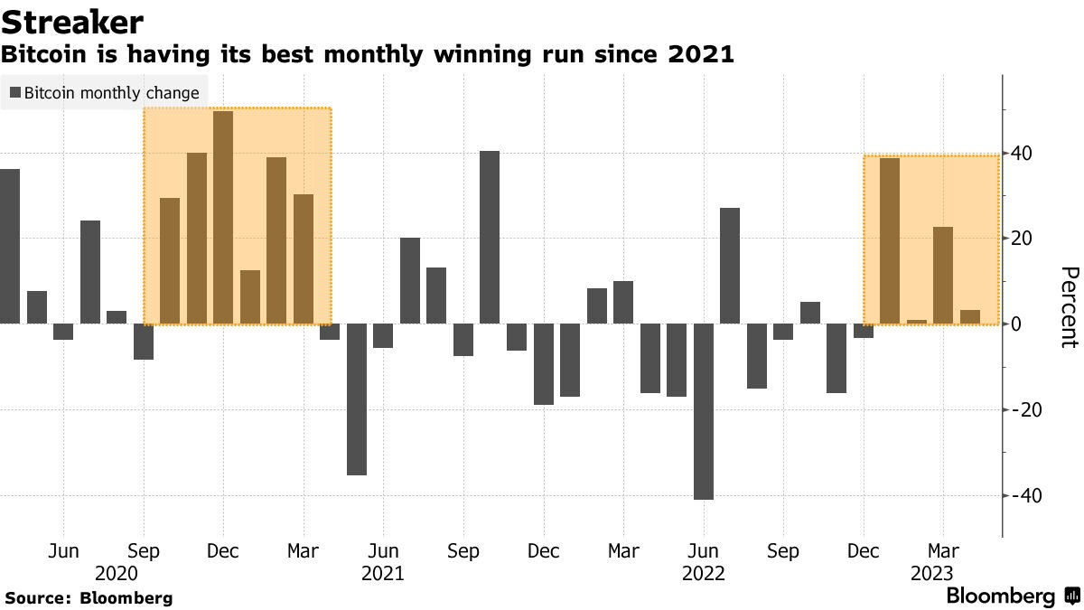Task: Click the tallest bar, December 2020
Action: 223,217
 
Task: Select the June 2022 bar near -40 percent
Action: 704,411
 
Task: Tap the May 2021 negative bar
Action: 357,399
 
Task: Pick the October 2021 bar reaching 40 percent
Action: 490,237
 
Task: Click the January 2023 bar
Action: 890,240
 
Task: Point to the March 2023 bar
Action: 943,275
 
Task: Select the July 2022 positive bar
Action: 730,265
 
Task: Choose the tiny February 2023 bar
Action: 917,322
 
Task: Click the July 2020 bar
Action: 90,271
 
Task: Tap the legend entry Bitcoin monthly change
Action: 104,93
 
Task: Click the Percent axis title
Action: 1068,307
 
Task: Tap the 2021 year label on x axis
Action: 383,573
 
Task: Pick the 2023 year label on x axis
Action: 931,573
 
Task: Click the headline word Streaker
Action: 73,22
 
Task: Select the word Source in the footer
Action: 38,598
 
